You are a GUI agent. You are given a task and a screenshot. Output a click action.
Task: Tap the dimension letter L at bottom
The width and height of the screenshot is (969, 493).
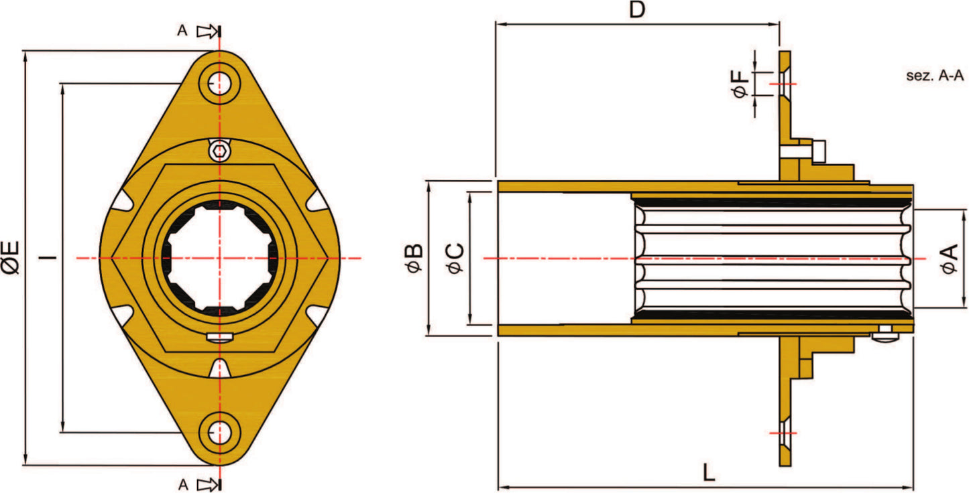(x=708, y=474)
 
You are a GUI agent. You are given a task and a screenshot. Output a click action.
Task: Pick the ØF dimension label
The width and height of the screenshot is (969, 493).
(x=741, y=84)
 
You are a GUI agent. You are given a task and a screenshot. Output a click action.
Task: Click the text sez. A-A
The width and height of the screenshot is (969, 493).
(x=935, y=76)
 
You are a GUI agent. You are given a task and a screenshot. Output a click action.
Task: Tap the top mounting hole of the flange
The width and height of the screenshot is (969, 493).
(x=219, y=84)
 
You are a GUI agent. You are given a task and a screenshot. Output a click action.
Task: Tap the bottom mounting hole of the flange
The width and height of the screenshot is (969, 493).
(x=219, y=432)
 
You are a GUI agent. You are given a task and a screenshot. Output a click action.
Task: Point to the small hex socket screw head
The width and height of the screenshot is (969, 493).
(x=219, y=152)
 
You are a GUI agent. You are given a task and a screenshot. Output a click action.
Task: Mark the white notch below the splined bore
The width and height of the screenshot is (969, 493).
(x=219, y=368)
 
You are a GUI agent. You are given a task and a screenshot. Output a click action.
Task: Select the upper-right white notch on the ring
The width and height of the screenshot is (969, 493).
(x=317, y=201)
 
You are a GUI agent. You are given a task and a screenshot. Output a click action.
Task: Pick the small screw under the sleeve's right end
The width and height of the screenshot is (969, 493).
(x=886, y=333)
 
